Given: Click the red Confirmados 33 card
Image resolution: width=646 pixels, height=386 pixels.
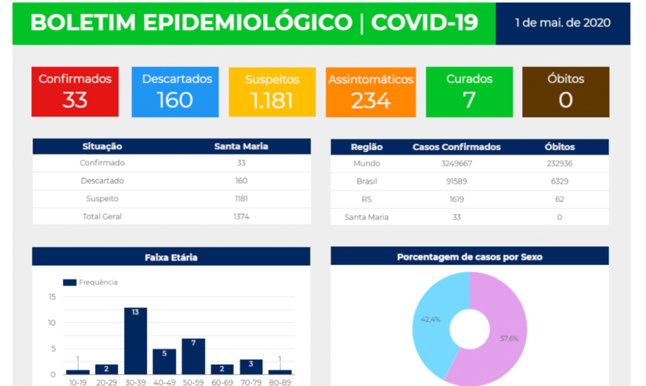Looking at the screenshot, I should click(x=75, y=91).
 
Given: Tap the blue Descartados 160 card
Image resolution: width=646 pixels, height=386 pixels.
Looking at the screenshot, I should click(x=175, y=91).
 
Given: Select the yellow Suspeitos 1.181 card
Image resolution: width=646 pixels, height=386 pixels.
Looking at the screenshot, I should click(x=272, y=91).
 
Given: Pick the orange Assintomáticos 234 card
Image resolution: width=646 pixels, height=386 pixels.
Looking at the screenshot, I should click(x=371, y=91).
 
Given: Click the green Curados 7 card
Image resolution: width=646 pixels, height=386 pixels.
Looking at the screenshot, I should click(x=469, y=91).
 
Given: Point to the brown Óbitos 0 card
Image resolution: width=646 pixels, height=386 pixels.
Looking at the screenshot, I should click(x=566, y=91).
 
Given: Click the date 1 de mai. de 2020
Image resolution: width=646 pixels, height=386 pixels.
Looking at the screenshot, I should click(x=563, y=23).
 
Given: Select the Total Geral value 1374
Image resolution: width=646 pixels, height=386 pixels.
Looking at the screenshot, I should click(x=241, y=216).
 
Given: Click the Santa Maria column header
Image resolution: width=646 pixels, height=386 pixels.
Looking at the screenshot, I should click(x=241, y=146).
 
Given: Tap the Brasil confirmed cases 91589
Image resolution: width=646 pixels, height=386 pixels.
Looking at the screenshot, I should click(x=456, y=181).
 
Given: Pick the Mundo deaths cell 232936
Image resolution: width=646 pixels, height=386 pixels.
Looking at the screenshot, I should click(x=560, y=163).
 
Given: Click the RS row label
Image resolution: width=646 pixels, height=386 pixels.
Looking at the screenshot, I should click(x=367, y=199).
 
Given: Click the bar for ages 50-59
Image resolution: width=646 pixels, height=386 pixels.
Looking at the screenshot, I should click(x=194, y=357).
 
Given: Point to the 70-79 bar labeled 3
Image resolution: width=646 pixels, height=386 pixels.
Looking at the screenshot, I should click(x=251, y=367).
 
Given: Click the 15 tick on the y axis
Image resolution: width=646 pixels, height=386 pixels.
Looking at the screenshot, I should click(x=52, y=296).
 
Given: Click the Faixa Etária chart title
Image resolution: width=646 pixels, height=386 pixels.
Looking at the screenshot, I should click(x=171, y=257).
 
